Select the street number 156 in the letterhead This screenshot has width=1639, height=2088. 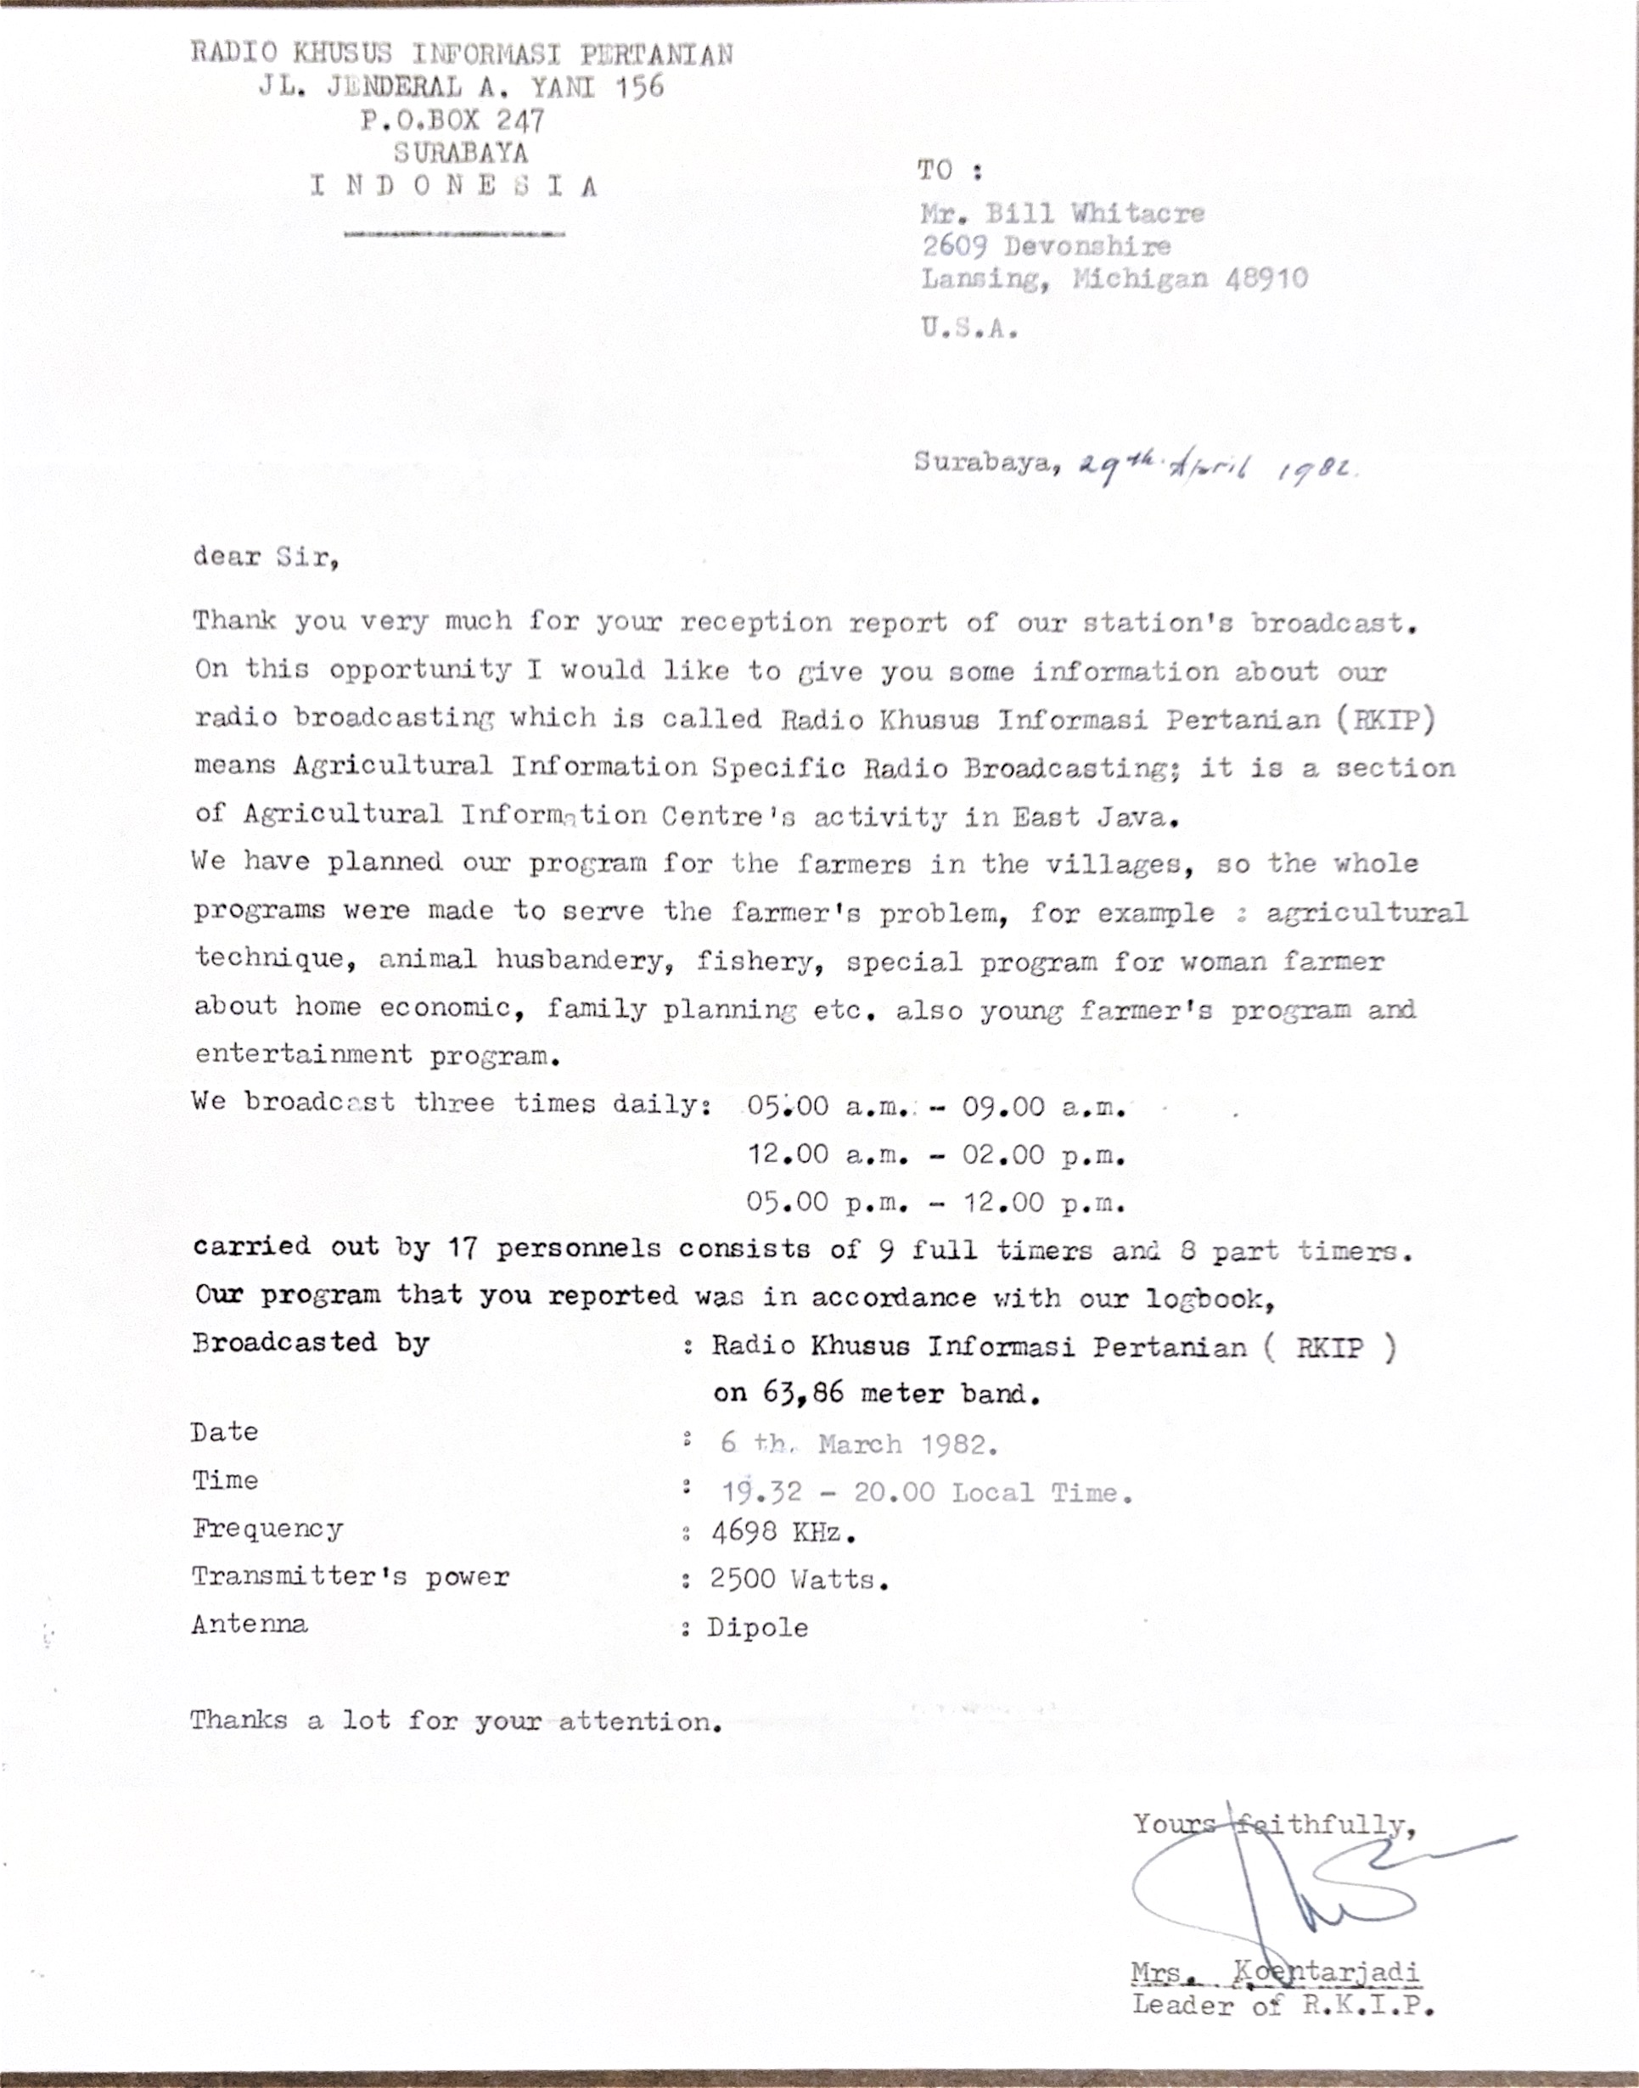coord(638,87)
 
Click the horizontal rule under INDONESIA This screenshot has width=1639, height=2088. coord(454,233)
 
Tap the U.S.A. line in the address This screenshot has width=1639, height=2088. coord(969,328)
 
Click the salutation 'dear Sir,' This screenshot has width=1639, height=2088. coord(266,558)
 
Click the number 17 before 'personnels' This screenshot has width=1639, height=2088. coord(464,1249)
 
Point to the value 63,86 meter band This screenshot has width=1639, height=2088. coord(876,1394)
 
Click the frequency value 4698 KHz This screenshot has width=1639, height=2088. coord(782,1532)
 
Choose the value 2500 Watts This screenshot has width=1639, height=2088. coord(799,1580)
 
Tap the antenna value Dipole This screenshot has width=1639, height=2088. coord(757,1627)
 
